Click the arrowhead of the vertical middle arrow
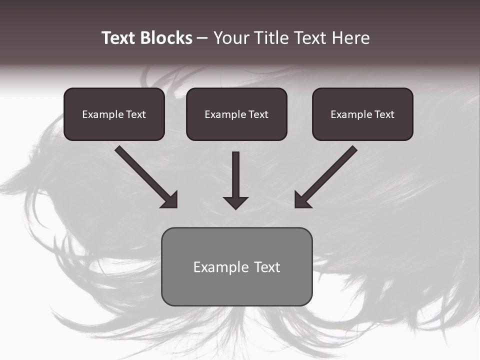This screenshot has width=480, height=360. click(235, 202)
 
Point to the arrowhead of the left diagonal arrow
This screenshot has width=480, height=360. click(171, 201)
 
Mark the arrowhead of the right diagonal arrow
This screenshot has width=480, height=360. click(301, 201)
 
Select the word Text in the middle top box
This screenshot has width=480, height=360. click(258, 114)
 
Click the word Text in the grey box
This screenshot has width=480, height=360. click(266, 267)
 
